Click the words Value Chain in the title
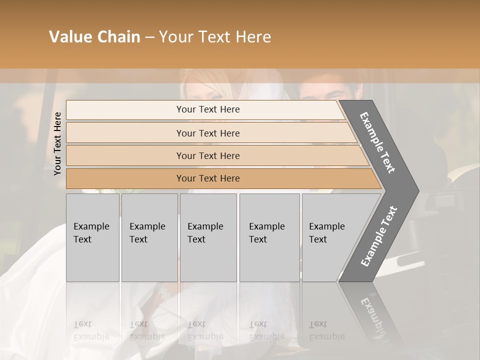[x=94, y=37]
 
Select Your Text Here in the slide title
[x=215, y=37]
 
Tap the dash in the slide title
[x=149, y=37]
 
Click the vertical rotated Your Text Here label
[x=58, y=144]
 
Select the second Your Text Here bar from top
[x=208, y=133]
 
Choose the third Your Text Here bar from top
[x=208, y=155]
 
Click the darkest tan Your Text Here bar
[x=208, y=178]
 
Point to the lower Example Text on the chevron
[x=378, y=236]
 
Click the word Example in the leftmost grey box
[x=91, y=226]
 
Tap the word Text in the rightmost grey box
[x=318, y=239]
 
